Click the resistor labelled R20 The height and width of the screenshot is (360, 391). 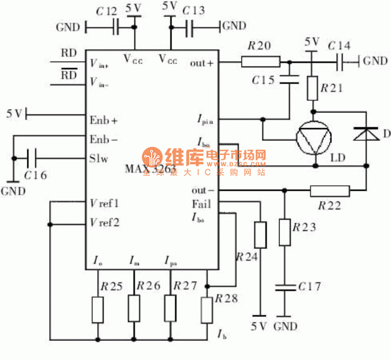[261, 62]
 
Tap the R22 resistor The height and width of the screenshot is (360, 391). [330, 190]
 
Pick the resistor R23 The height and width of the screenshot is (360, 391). [284, 232]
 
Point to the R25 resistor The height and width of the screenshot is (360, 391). [98, 310]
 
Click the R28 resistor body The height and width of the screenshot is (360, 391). [207, 309]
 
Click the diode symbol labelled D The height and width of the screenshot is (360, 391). [367, 133]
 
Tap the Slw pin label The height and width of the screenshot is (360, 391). [99, 158]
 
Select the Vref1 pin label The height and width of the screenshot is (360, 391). [104, 203]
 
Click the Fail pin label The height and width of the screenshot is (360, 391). [201, 204]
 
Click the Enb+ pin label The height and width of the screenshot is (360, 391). [104, 119]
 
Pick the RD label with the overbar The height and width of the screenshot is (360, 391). [68, 74]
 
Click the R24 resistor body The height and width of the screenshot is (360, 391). [261, 235]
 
